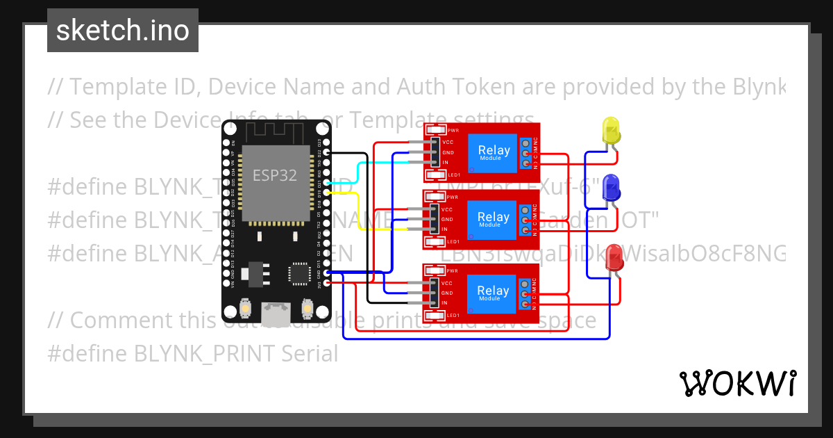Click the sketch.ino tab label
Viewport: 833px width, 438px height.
click(123, 31)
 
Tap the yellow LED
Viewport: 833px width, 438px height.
click(612, 132)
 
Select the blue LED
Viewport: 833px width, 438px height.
click(612, 190)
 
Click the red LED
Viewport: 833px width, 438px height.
click(614, 259)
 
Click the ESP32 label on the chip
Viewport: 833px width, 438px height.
click(274, 175)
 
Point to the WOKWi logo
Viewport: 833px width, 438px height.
click(737, 383)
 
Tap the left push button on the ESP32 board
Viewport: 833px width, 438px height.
click(244, 307)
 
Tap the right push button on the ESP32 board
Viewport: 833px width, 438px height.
click(307, 307)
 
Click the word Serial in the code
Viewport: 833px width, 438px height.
click(310, 355)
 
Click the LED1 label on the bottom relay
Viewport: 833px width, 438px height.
click(453, 316)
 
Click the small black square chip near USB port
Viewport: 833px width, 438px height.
click(299, 273)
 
